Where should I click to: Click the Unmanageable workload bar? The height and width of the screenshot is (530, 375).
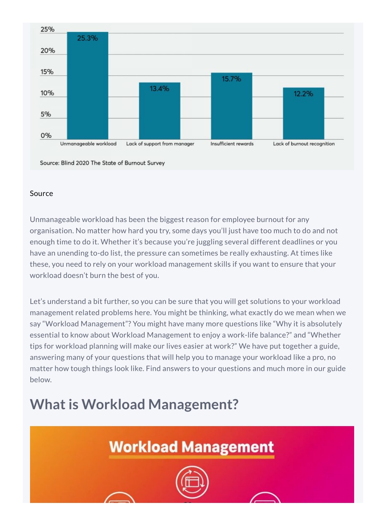(88, 86)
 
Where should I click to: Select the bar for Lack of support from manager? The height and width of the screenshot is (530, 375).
(159, 111)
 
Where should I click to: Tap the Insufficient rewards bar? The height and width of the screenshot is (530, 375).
(231, 106)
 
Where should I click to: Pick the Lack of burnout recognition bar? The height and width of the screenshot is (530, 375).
(304, 113)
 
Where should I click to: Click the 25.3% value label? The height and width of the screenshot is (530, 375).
(88, 38)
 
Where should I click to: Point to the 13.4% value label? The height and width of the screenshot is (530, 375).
(159, 89)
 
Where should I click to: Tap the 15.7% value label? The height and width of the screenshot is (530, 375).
(231, 79)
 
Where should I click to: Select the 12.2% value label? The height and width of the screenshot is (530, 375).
(304, 94)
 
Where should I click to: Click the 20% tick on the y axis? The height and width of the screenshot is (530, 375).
(48, 50)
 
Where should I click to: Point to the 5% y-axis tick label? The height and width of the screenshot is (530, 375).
(46, 114)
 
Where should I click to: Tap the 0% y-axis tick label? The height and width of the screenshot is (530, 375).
(46, 135)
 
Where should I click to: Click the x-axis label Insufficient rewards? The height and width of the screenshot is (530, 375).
(232, 144)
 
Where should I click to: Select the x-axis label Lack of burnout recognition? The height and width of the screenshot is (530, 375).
(304, 144)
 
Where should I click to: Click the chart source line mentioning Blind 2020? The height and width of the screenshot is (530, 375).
(102, 163)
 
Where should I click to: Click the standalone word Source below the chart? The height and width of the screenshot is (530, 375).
(41, 193)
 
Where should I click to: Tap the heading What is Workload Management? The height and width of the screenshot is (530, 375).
(134, 404)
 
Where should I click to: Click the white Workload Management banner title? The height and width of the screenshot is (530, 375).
(192, 447)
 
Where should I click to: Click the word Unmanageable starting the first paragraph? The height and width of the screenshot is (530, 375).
(55, 220)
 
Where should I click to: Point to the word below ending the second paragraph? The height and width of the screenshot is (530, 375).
(41, 380)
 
